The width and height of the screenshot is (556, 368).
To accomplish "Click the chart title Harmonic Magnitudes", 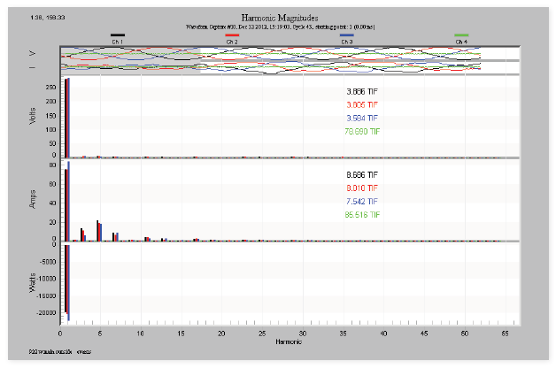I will coord(277,17).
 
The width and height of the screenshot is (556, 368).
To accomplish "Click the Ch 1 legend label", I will coord(117,42).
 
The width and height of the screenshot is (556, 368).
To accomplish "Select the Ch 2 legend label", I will coord(232,42).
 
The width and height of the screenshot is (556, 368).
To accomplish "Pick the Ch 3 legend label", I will coord(346,42).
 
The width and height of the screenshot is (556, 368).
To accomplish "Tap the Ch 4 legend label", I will coord(460,42).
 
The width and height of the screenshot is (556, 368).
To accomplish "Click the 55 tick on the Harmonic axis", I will coord(504,334).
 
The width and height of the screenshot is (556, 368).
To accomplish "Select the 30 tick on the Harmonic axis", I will coord(302,334).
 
